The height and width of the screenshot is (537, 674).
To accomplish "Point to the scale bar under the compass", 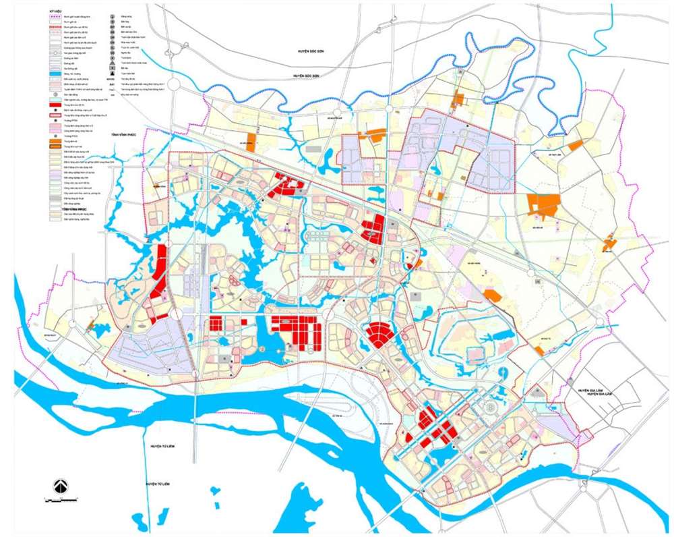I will (x=60, y=500).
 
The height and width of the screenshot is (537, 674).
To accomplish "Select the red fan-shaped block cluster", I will (x=380, y=335).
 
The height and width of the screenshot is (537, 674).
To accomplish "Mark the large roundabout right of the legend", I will (x=175, y=85).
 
